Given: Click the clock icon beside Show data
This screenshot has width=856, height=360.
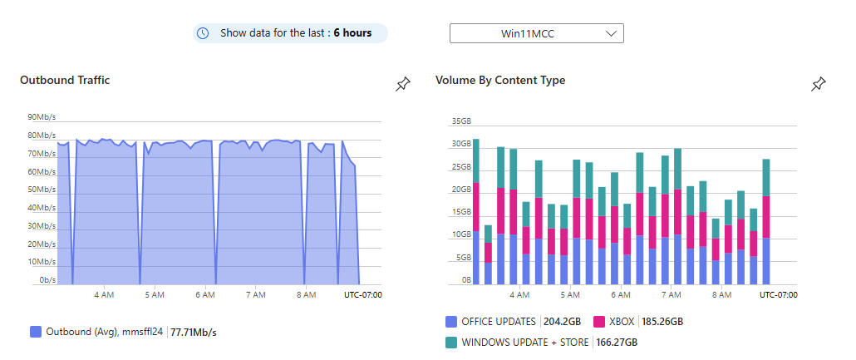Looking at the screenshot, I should (203, 33).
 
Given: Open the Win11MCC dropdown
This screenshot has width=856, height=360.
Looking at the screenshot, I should (536, 33).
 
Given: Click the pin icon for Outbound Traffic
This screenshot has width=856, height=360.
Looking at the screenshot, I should (403, 84).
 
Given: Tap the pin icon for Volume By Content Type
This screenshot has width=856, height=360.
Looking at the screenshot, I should (819, 84).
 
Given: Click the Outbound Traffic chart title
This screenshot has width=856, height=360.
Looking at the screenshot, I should (65, 80).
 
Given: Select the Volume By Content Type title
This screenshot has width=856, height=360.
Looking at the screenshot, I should (500, 80).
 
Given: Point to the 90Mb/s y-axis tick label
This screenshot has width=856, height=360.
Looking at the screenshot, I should (42, 117).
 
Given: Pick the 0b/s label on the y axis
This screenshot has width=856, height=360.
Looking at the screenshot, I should (47, 280).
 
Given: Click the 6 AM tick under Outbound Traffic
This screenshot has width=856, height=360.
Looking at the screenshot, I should (205, 294).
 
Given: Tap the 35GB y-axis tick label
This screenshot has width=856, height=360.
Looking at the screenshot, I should (461, 121).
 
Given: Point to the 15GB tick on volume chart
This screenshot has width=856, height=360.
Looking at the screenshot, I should (461, 212).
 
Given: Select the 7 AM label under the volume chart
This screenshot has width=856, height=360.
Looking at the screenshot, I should (671, 294).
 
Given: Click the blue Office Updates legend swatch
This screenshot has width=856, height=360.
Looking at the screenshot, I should (451, 322).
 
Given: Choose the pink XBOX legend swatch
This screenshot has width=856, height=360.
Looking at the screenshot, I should (598, 322).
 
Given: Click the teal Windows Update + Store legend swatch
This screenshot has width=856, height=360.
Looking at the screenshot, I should (451, 342).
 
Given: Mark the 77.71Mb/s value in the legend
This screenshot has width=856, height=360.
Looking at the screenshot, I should (194, 332).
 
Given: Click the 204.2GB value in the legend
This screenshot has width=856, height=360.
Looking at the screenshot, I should (563, 322).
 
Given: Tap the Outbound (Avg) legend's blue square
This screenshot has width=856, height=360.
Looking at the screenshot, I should (36, 332).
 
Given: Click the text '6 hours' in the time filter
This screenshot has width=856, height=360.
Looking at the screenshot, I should (352, 33).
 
